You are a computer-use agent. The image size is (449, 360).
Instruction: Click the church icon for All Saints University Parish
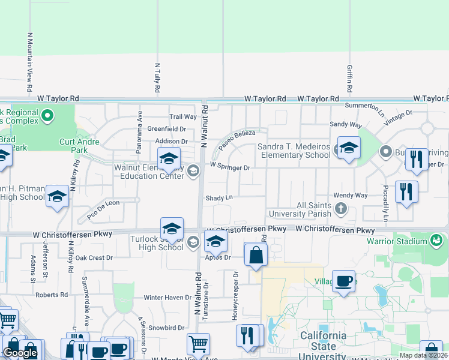click(341, 209)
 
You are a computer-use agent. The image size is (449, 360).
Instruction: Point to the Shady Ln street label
click(219, 197)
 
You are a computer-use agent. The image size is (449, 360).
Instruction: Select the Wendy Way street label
click(350, 196)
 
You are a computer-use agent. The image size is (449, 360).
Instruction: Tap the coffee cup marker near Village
click(345, 281)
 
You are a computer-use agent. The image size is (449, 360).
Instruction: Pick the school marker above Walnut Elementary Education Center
click(169, 159)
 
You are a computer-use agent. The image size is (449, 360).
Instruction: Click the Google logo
click(20, 353)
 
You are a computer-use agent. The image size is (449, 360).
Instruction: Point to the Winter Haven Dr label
click(167, 298)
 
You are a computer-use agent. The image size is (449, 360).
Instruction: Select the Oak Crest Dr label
click(94, 258)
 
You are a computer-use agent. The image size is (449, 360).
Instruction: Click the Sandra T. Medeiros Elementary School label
click(294, 151)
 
